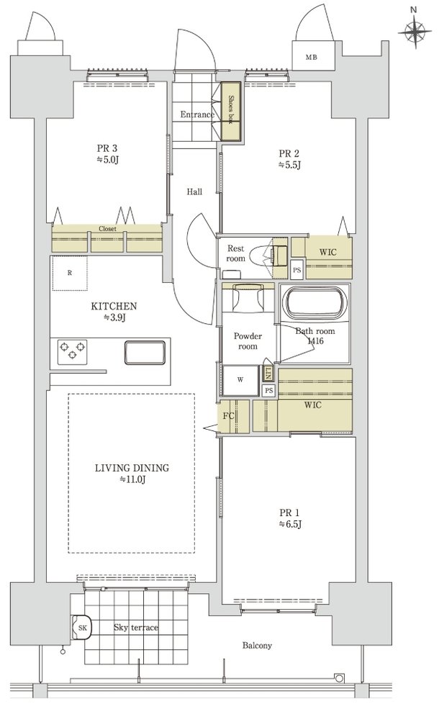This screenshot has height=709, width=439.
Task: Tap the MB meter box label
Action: (x=311, y=58)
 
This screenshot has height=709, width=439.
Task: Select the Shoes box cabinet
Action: (x=230, y=112)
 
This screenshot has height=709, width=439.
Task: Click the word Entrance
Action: (x=197, y=115)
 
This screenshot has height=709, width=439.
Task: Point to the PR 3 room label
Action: (x=107, y=154)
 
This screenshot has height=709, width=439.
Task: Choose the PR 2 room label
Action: (x=289, y=159)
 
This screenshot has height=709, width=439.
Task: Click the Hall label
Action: (x=194, y=192)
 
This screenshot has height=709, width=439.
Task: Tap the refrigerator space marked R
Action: (x=70, y=273)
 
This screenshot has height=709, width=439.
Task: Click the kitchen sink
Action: (x=145, y=353)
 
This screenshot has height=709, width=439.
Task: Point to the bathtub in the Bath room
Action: (x=314, y=302)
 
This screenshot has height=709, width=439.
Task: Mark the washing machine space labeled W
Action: (x=240, y=380)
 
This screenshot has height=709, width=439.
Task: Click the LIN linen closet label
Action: (x=268, y=374)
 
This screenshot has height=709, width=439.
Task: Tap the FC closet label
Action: (x=229, y=415)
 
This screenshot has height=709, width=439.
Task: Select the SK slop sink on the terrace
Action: (x=82, y=628)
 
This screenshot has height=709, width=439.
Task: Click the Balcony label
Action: (x=257, y=646)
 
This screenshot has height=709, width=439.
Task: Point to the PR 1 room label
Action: (x=289, y=519)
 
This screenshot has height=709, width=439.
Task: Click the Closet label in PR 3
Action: (x=107, y=229)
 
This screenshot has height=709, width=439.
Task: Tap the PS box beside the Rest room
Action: (x=297, y=271)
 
